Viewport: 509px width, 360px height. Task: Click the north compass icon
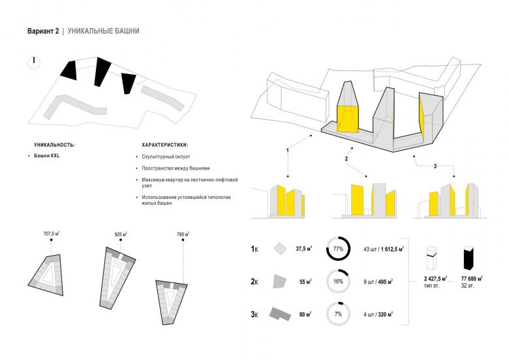coord(34,63)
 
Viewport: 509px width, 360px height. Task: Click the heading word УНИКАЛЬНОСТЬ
coord(54,144)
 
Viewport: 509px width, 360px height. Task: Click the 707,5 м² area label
coord(52,233)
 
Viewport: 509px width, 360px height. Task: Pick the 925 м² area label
coord(120,233)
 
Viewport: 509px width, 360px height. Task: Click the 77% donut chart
coord(338,249)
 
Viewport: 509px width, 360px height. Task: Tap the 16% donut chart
coord(338,281)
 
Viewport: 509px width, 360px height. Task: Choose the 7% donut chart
coord(338,314)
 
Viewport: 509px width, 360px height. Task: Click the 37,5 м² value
coord(303,248)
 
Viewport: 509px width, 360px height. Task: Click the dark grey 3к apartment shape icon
coord(280,314)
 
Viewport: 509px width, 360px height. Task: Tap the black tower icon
coord(467,258)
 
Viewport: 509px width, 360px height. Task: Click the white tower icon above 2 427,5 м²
coord(431,258)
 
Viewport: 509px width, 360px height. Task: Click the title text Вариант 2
coord(42,31)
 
